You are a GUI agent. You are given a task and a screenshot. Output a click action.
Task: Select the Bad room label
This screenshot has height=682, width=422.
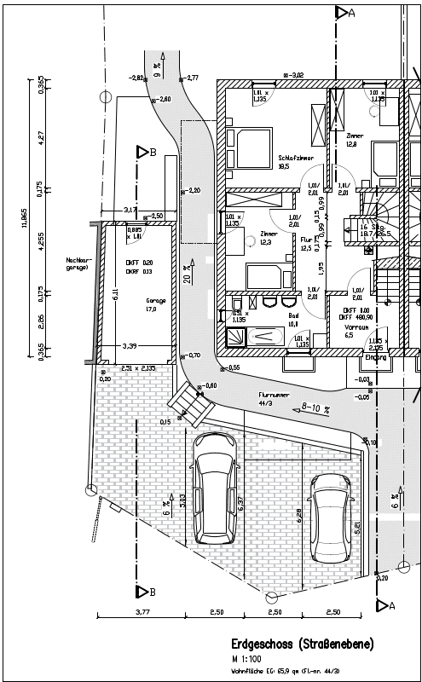coord(293,315)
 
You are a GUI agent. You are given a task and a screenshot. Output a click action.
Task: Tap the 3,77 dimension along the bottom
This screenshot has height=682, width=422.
coord(142,612)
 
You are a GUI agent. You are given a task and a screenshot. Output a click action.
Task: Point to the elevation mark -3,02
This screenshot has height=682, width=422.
coord(296,75)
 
